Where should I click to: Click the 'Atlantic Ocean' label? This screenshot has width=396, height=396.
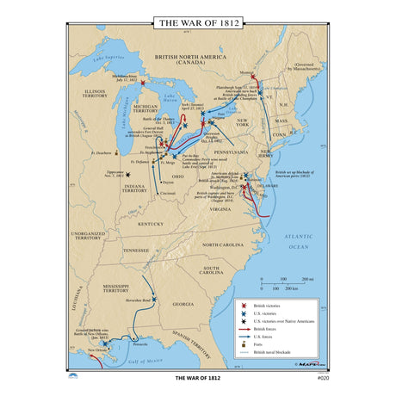click(x=298, y=240)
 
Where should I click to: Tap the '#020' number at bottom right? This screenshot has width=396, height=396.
click(x=323, y=378)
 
